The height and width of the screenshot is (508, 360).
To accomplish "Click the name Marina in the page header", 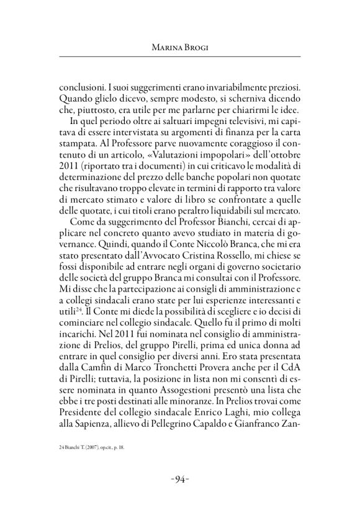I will pyautogui.click(x=166, y=47).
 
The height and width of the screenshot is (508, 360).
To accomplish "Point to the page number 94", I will pyautogui.click(x=180, y=479).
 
